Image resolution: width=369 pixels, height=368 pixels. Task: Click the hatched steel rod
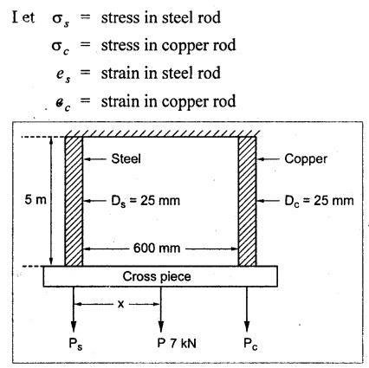(x=74, y=201)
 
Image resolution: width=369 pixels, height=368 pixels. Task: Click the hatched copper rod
(x=247, y=201)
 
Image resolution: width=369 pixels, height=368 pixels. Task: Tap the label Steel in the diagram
(x=126, y=158)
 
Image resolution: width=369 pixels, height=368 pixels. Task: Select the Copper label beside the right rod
(x=306, y=159)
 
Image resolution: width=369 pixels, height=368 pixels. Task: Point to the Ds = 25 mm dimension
(x=146, y=201)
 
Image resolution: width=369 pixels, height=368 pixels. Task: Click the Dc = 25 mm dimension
(x=319, y=201)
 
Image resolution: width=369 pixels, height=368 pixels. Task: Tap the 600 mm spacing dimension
(x=157, y=248)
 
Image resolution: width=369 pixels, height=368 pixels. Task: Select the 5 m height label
(x=36, y=199)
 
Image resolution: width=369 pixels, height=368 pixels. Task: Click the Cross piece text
(x=157, y=276)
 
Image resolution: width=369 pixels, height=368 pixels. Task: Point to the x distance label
(x=121, y=304)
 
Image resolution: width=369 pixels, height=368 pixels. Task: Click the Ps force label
(x=75, y=344)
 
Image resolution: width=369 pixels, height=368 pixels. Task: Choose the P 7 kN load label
(x=177, y=343)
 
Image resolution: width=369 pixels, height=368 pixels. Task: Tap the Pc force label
(x=250, y=344)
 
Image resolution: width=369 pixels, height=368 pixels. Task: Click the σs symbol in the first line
(x=61, y=19)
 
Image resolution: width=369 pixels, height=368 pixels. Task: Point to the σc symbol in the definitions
(x=61, y=47)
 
